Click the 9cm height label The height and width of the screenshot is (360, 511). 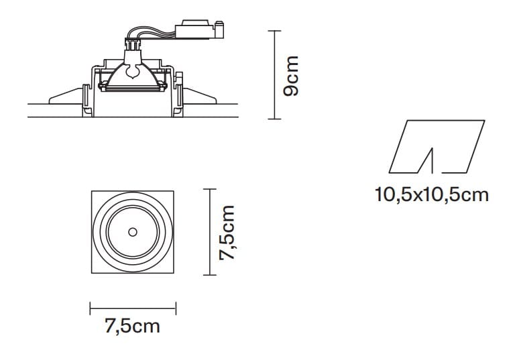(290, 76)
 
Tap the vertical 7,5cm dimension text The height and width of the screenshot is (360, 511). (227, 233)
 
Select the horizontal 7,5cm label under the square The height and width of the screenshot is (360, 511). (132, 326)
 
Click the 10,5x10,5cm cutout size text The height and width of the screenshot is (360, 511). (432, 195)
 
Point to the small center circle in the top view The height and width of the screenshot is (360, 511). (132, 232)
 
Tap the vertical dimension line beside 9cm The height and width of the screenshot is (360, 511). (274, 75)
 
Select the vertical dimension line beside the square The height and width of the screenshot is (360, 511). (210, 232)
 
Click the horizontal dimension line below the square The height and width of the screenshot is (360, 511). (133, 308)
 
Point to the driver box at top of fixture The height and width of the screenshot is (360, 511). (194, 30)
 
